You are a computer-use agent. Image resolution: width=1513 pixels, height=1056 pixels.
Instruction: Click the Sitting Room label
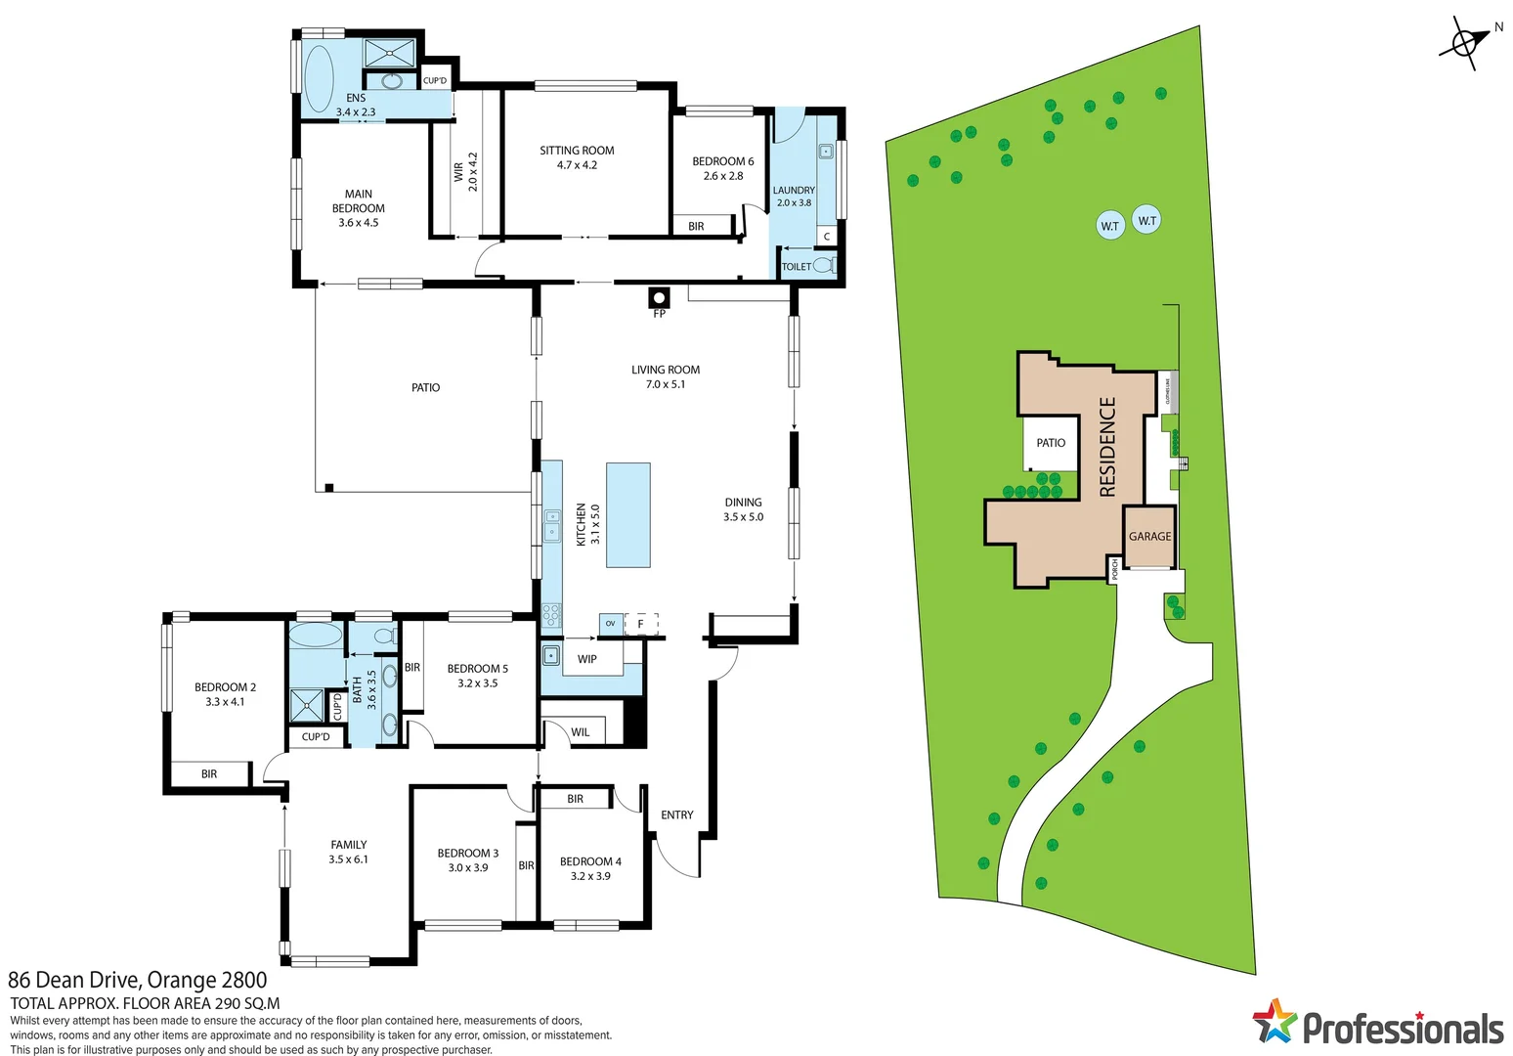click(577, 151)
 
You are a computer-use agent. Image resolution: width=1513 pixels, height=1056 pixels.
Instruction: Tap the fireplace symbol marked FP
click(660, 298)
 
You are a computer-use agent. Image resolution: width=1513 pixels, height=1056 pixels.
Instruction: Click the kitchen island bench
click(627, 515)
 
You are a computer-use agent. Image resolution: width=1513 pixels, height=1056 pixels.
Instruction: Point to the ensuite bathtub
click(319, 78)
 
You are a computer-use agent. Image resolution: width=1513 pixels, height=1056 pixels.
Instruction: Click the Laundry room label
click(794, 191)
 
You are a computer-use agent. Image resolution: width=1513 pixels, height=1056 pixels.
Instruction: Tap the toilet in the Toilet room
click(824, 265)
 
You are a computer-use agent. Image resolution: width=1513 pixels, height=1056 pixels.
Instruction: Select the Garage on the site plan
click(1149, 536)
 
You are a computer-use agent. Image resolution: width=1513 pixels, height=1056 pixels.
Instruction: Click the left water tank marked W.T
click(1109, 226)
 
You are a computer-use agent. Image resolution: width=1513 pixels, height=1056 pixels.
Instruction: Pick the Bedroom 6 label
click(722, 161)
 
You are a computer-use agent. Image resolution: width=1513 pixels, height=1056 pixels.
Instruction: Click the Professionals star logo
click(1273, 1023)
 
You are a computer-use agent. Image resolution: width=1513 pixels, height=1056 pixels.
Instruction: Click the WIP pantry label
click(586, 659)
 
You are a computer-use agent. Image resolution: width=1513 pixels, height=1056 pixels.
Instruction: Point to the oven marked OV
click(611, 624)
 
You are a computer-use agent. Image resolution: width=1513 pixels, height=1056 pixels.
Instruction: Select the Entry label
click(676, 814)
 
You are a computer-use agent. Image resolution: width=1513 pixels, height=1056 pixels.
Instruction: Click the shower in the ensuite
click(390, 52)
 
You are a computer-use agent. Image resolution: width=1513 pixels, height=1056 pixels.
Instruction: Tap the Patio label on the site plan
click(1051, 443)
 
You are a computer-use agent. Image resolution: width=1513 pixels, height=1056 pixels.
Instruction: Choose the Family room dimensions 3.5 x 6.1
click(348, 859)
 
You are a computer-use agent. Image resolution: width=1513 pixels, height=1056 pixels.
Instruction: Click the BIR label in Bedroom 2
click(209, 773)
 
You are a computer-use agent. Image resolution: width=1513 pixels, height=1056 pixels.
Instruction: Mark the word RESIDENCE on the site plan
click(1107, 447)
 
